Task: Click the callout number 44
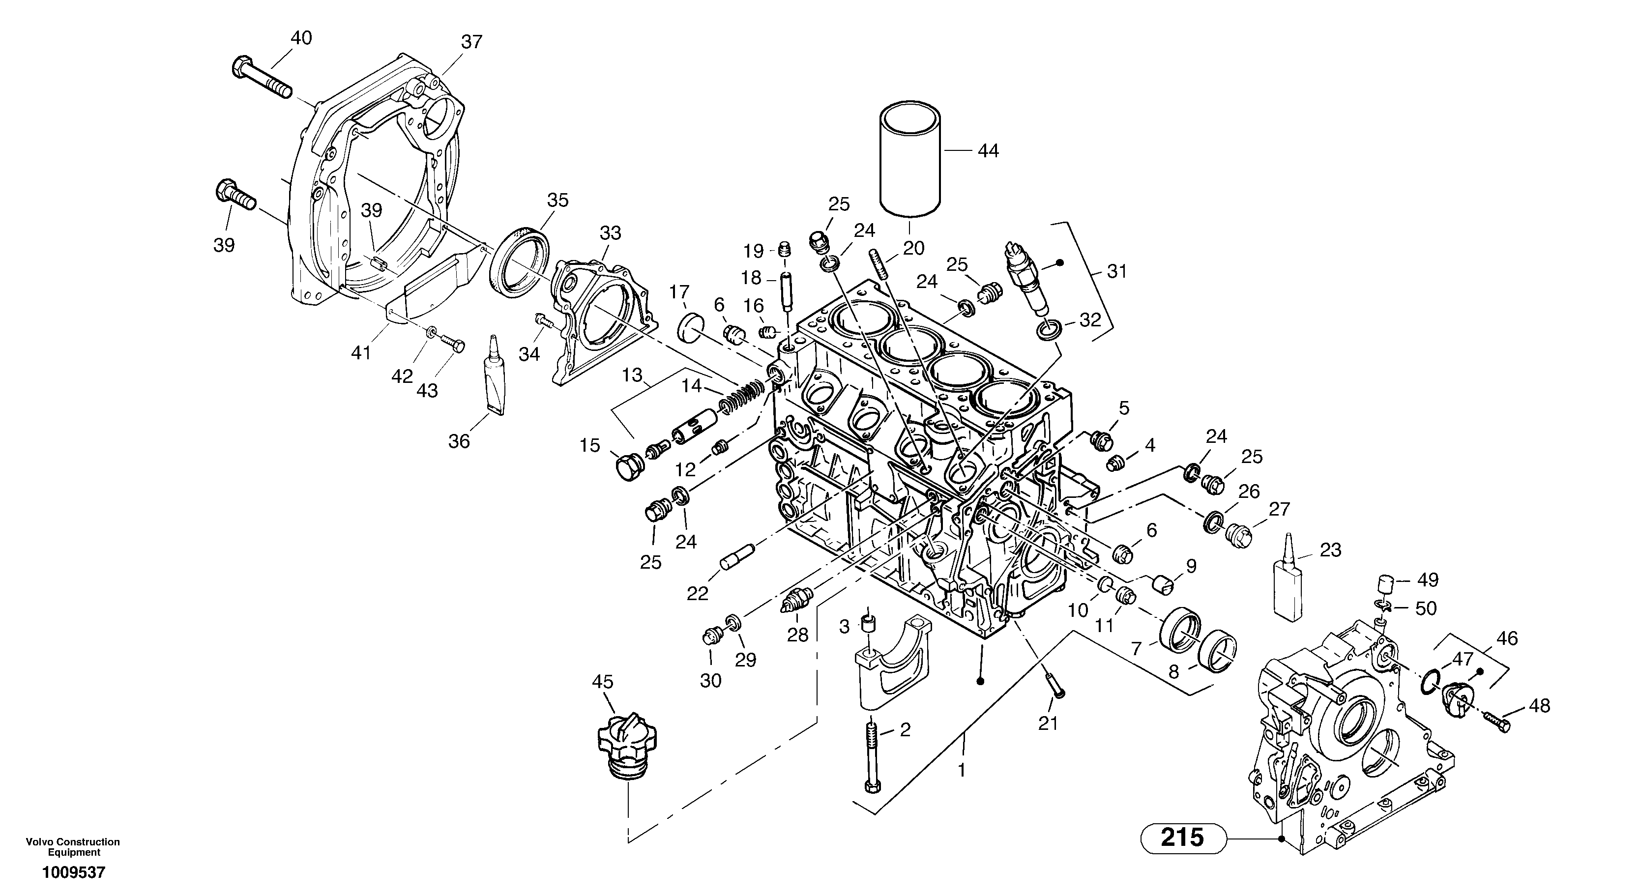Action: pyautogui.click(x=988, y=151)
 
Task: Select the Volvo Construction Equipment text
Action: pyautogui.click(x=73, y=847)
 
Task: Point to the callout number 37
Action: pyautogui.click(x=472, y=42)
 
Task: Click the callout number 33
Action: pyautogui.click(x=610, y=233)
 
